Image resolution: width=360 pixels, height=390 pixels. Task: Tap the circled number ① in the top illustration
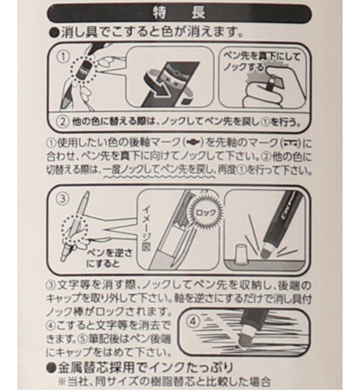[x=64, y=58]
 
